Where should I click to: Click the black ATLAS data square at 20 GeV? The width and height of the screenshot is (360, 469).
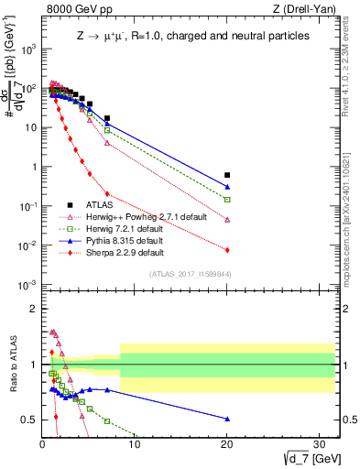coord(227,175)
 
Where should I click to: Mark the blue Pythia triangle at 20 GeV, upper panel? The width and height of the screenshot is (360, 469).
coord(227,187)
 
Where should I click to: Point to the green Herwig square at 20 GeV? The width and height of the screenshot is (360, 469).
coord(227,199)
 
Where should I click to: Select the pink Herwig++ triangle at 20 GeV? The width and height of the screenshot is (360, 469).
coord(227,220)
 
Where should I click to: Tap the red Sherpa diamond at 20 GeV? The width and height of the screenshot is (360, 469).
coord(227,250)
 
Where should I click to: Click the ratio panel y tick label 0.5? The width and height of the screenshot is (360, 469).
coord(29,420)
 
